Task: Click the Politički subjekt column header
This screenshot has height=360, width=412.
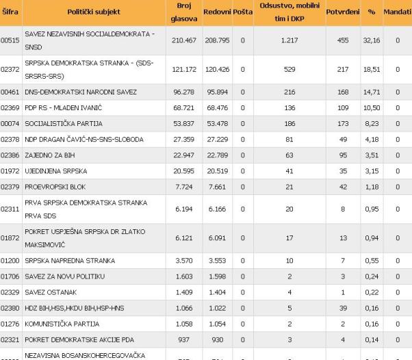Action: point(94,12)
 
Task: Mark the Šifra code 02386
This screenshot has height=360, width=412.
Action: point(9,156)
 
